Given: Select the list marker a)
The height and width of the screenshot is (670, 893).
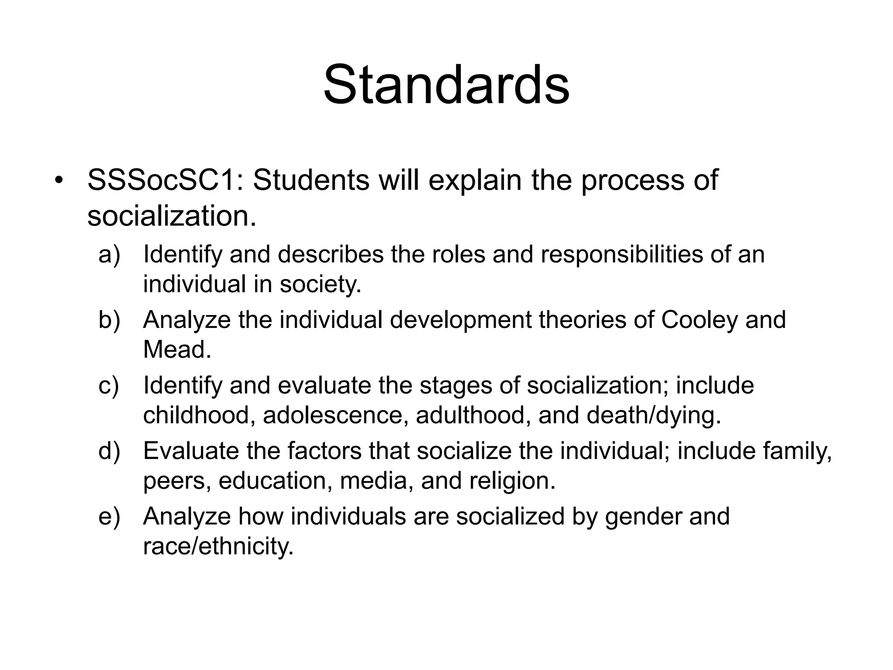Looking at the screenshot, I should [x=109, y=254].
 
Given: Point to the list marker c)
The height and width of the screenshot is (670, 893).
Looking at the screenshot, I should [x=109, y=386].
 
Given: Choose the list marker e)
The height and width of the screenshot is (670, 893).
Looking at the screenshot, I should [x=109, y=516].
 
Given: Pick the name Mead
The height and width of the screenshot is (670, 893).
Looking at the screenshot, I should [x=177, y=349].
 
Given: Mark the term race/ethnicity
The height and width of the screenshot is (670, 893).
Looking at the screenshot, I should [x=218, y=546].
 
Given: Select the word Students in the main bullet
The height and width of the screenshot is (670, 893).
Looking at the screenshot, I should [x=311, y=180].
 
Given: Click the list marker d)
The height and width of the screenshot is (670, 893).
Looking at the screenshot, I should [x=109, y=451].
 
